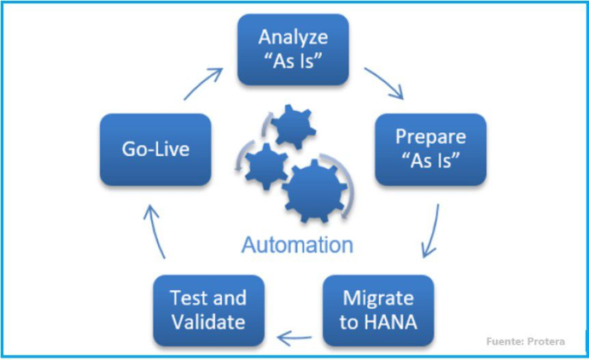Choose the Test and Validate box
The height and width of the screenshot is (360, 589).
tap(208, 310)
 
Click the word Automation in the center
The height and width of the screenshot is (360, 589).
tap(297, 245)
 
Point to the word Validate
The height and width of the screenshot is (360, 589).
tap(208, 322)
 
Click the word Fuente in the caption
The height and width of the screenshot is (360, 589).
tap(504, 341)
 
